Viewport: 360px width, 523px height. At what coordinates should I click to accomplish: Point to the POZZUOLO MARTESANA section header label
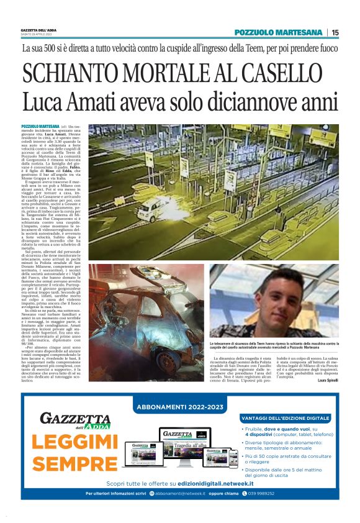(x=279, y=32)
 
